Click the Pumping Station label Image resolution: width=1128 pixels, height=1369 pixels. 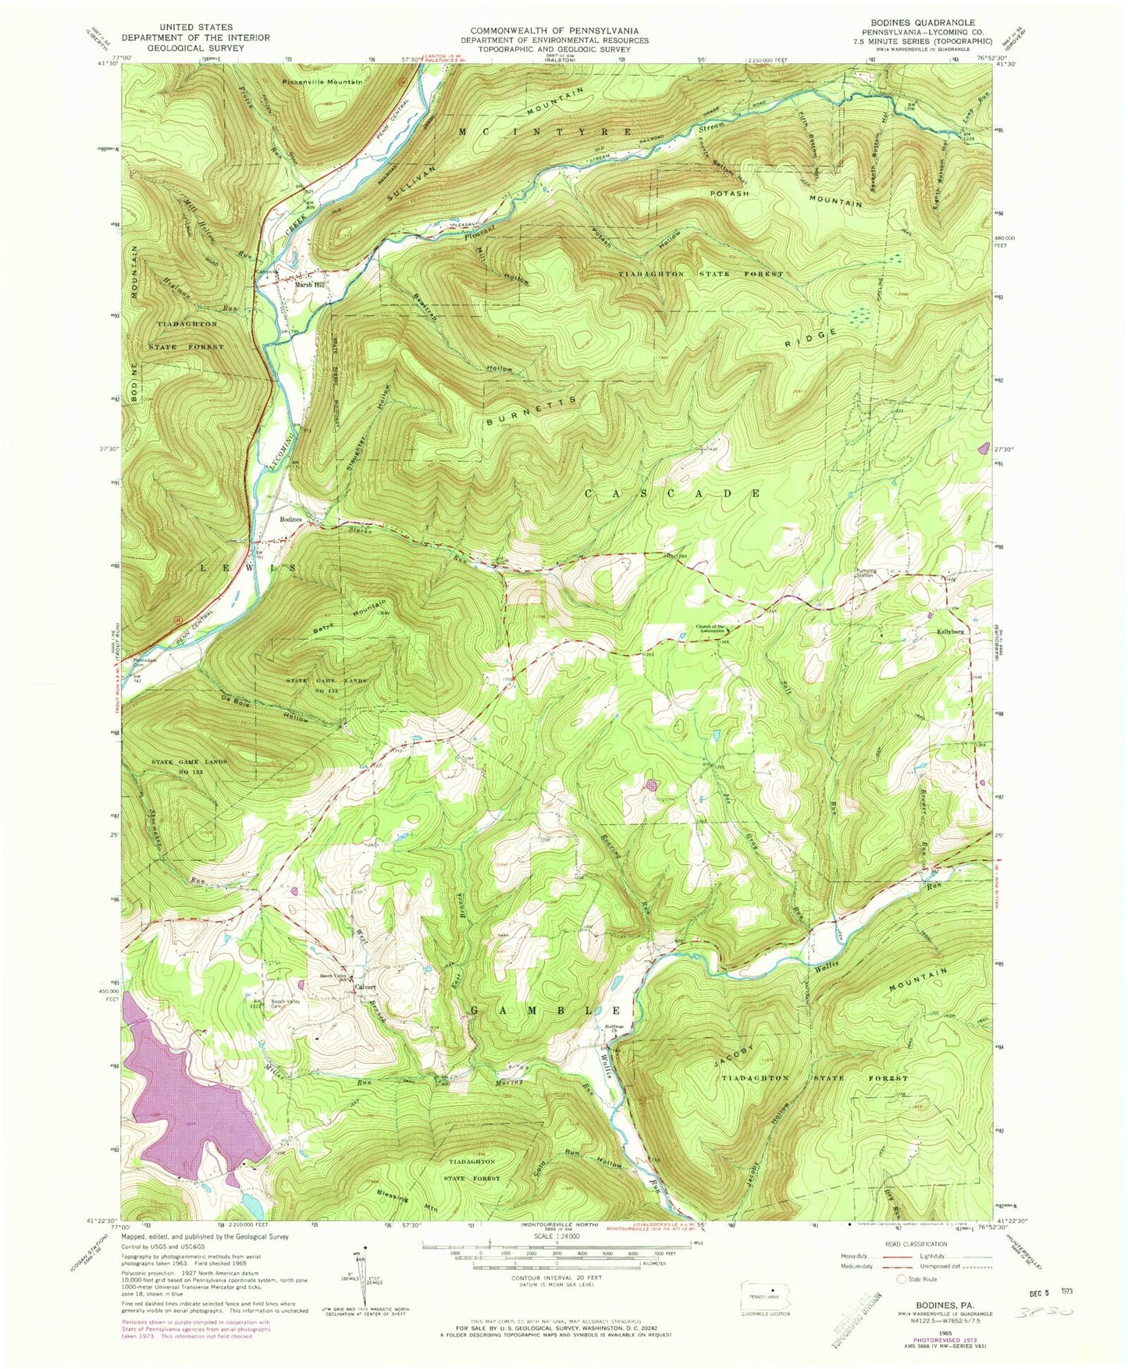[x=866, y=571]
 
